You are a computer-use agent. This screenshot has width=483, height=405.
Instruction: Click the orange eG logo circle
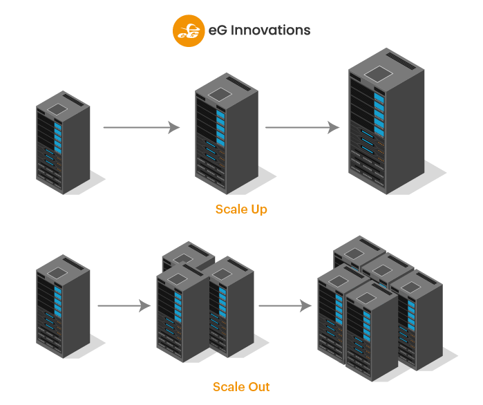click(x=189, y=30)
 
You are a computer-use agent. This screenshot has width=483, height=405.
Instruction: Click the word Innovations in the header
click(x=270, y=30)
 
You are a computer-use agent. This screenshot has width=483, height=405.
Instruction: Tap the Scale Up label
click(x=241, y=209)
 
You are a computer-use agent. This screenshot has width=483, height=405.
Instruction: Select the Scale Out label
click(x=241, y=386)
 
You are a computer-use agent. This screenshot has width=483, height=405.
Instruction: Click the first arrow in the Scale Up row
click(x=141, y=128)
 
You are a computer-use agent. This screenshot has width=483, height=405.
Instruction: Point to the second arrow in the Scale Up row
click(x=302, y=128)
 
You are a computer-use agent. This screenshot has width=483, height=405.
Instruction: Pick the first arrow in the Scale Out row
click(x=124, y=305)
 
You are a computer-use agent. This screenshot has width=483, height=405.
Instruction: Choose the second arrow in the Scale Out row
click(x=284, y=305)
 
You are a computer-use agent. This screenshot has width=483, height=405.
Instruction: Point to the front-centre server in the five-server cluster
click(x=372, y=339)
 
